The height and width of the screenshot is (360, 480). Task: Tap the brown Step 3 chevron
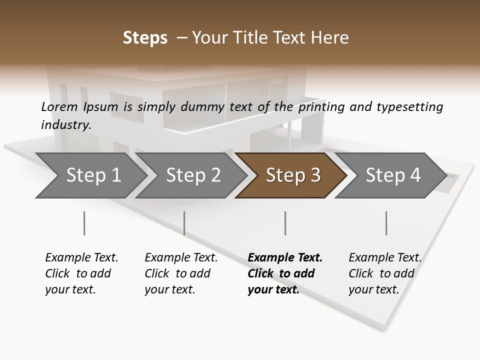(293, 175)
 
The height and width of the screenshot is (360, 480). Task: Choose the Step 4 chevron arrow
(393, 175)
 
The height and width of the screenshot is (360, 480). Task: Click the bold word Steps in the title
(145, 38)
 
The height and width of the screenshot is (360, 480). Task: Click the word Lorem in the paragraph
(59, 106)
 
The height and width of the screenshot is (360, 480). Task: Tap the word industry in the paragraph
(66, 124)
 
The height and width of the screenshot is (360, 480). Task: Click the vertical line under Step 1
(84, 223)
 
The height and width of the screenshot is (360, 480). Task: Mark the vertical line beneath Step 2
(184, 223)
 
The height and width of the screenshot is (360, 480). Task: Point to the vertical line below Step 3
(285, 223)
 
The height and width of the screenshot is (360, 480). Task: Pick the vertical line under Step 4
(386, 223)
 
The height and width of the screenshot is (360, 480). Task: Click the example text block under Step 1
(81, 273)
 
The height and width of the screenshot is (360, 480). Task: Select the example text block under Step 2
(181, 273)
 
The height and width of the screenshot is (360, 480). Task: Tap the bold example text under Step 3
(285, 273)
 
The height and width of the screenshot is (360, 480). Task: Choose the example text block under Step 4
(385, 273)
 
